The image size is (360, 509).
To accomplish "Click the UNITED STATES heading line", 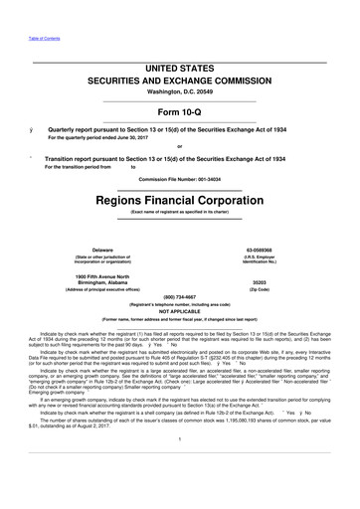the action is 180,65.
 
